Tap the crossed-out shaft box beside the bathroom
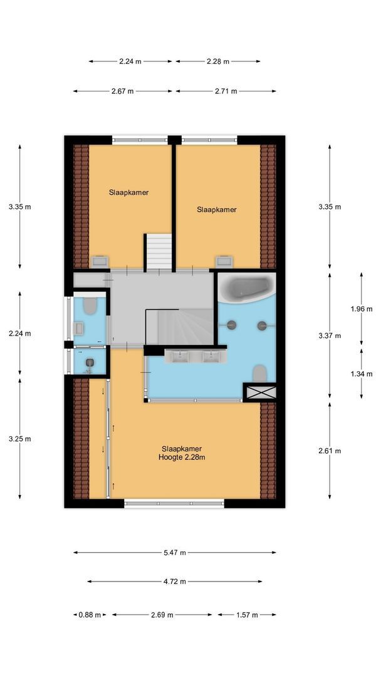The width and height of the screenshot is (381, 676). click(259, 392)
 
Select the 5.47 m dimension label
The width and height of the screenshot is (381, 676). click(175, 553)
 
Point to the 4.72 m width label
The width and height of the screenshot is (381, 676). click(175, 581)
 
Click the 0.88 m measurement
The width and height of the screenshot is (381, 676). click(89, 615)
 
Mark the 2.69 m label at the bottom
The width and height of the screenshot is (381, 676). click(163, 615)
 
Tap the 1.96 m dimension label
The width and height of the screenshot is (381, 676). click(361, 308)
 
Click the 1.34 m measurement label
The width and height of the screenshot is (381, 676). click(361, 374)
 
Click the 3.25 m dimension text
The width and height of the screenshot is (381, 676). click(19, 439)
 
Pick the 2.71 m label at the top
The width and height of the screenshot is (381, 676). click(226, 91)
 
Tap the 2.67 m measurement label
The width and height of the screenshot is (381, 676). click(123, 91)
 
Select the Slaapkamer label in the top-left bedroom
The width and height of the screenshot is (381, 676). click(128, 193)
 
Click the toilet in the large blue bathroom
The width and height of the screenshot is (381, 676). click(259, 374)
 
